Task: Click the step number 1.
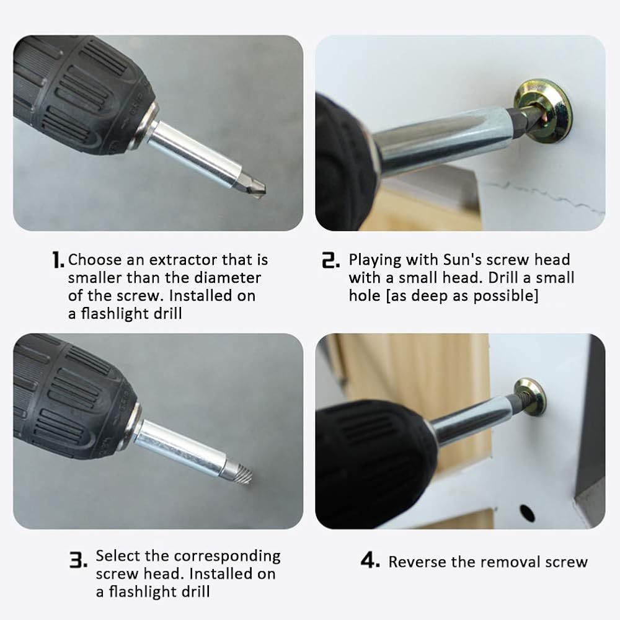(x=58, y=260)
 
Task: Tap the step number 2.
(x=330, y=260)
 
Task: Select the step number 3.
(x=78, y=560)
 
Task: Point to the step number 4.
(x=370, y=560)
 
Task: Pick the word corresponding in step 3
(x=228, y=556)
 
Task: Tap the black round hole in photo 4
(x=526, y=513)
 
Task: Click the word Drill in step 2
(x=503, y=278)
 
